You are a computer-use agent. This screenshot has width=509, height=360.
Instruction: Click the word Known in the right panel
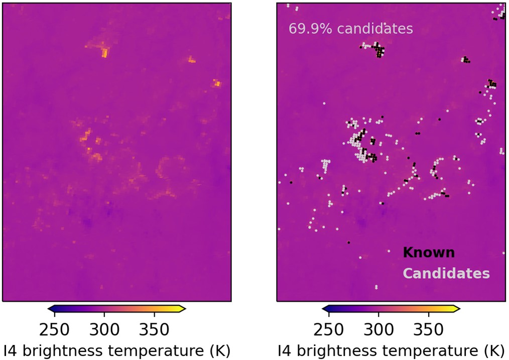click(429, 253)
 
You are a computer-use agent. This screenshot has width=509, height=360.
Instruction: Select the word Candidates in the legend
click(446, 274)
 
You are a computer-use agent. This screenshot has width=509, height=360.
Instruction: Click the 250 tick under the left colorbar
click(54, 330)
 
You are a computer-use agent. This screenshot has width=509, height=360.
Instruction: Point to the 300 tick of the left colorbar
click(104, 330)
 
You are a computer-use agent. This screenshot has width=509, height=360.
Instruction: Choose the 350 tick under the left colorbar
click(154, 330)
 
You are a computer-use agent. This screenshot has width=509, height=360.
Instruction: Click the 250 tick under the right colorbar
click(328, 330)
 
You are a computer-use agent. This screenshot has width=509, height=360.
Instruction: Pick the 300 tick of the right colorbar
click(378, 330)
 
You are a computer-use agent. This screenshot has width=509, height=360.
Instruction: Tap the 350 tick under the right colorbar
click(428, 330)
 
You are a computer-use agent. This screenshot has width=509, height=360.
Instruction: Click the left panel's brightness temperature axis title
click(116, 350)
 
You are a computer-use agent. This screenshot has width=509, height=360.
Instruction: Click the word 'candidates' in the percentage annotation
click(374, 29)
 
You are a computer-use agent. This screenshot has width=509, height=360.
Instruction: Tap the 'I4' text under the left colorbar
click(10, 350)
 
